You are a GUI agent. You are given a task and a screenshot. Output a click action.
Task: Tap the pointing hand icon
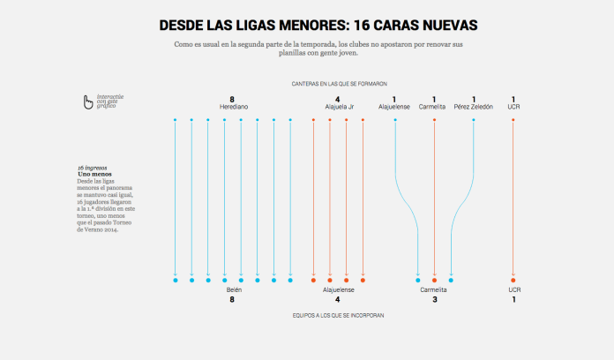click(88, 103)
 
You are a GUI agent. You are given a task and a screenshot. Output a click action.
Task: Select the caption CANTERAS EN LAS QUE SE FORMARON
click(340, 84)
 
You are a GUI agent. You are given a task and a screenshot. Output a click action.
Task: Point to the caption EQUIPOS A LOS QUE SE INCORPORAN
click(339, 315)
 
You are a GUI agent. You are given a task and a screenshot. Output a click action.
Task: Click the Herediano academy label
click(233, 107)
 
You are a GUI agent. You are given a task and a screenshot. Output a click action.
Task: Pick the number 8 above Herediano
click(232, 99)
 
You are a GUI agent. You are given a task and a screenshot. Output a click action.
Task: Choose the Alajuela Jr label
click(339, 107)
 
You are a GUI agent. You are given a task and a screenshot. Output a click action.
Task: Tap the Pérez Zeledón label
click(474, 107)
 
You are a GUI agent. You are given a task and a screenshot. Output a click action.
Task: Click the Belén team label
click(233, 289)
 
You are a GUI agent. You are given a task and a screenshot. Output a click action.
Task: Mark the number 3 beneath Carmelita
click(434, 299)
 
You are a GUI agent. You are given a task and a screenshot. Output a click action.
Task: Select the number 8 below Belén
click(232, 299)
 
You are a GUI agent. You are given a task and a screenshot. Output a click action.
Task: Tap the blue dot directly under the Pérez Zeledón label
click(474, 119)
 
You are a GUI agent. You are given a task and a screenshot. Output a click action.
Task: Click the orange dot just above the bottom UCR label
click(513, 280)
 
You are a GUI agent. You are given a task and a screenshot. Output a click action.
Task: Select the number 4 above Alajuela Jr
click(338, 99)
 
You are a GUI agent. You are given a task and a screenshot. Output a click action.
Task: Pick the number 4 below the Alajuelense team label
click(338, 299)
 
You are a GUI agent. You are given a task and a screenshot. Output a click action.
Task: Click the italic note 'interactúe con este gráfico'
click(110, 101)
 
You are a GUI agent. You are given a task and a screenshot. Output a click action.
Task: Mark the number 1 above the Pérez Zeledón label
click(474, 99)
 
